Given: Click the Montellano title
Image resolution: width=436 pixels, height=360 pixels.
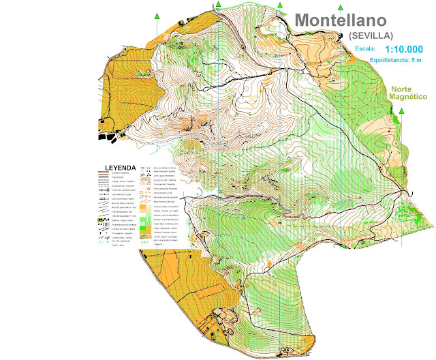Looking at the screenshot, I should tap(351, 20).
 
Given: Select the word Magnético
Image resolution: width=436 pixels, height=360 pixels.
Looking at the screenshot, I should tap(407, 97).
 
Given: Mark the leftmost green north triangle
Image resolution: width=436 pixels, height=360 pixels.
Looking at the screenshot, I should tap(157, 15).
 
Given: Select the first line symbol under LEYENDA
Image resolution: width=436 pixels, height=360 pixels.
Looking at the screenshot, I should tap(103, 173).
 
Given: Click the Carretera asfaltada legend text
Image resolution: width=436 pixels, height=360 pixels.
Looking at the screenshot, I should tap(121, 173).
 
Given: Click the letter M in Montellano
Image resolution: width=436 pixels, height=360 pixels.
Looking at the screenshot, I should tap(304, 20).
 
